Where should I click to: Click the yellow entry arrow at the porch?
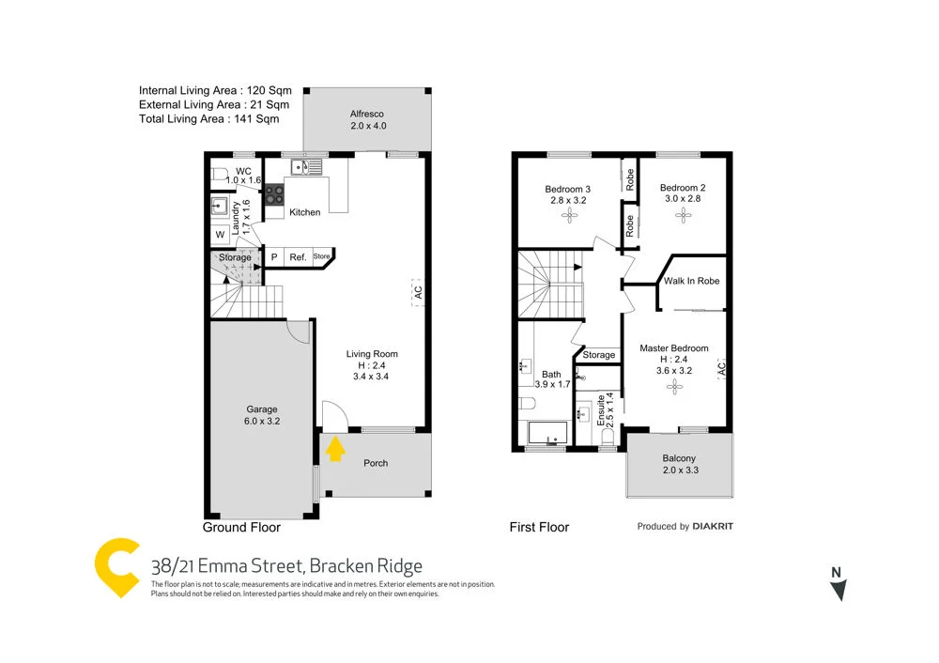(333, 451)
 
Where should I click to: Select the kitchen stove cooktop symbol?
(274, 194)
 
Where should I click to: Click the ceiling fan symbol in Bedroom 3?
(568, 216)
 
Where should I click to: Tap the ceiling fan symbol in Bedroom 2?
(683, 215)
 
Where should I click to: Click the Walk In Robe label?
(691, 281)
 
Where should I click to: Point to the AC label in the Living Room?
(418, 292)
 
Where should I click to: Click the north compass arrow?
(839, 589)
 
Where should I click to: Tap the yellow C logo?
(117, 568)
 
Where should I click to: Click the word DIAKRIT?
(714, 527)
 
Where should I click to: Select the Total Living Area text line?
(208, 119)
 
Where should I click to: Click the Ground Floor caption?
(242, 528)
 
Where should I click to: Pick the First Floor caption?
(539, 528)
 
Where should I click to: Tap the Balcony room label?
(679, 459)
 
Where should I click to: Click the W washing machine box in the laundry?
(220, 235)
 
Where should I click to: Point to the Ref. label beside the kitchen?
(298, 257)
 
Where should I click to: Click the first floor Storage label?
(599, 355)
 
